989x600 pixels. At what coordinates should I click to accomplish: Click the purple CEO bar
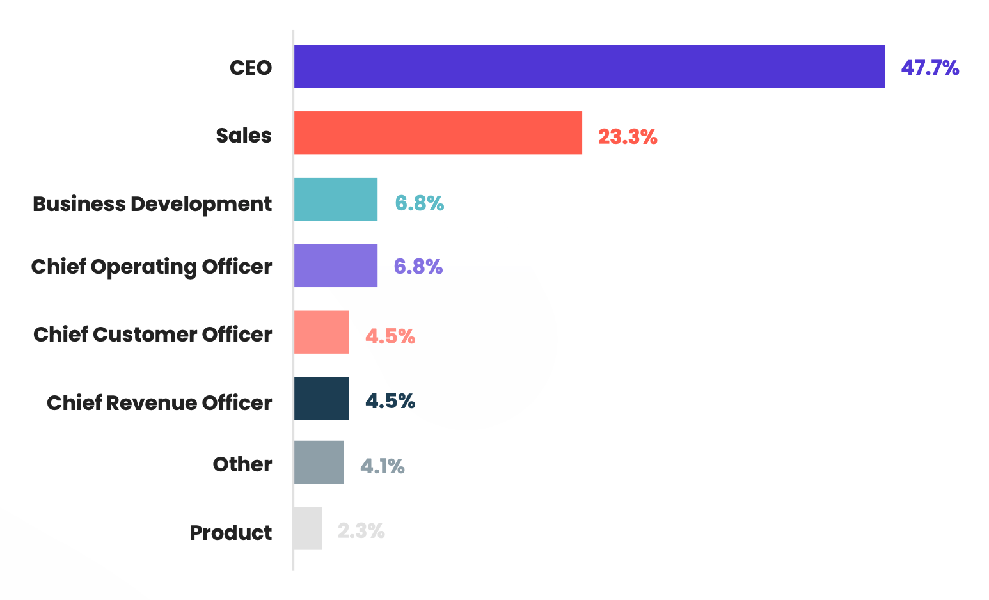[x=589, y=67]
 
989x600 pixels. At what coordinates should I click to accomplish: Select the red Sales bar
[x=438, y=133]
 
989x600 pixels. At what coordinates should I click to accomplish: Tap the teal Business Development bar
[x=335, y=200]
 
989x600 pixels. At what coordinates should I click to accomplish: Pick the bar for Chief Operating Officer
[x=335, y=265]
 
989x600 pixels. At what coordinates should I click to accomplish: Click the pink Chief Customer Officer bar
[x=321, y=332]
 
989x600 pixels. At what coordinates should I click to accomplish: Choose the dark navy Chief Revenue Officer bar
[x=321, y=399]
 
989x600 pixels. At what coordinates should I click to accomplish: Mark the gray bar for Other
[x=319, y=462]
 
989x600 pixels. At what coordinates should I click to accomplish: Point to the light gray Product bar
[x=308, y=528]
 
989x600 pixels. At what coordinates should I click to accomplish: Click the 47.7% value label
[x=930, y=68]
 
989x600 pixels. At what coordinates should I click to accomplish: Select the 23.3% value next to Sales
[x=627, y=137]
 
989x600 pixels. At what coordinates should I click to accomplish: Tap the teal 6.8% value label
[x=419, y=203]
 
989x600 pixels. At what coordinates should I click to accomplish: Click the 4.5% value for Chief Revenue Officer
[x=390, y=401]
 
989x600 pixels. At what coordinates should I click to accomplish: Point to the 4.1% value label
[x=382, y=466]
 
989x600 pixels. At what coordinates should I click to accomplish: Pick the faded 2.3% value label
[x=361, y=531]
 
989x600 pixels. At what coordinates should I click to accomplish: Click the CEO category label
[x=251, y=68]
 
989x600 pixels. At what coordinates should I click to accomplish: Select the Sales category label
[x=243, y=136]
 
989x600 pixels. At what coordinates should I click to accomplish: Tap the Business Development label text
[x=152, y=204]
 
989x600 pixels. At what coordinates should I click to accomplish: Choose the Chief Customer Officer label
[x=152, y=335]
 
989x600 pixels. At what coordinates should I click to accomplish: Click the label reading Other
[x=242, y=464]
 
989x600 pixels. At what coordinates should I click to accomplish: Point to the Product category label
[x=230, y=533]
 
